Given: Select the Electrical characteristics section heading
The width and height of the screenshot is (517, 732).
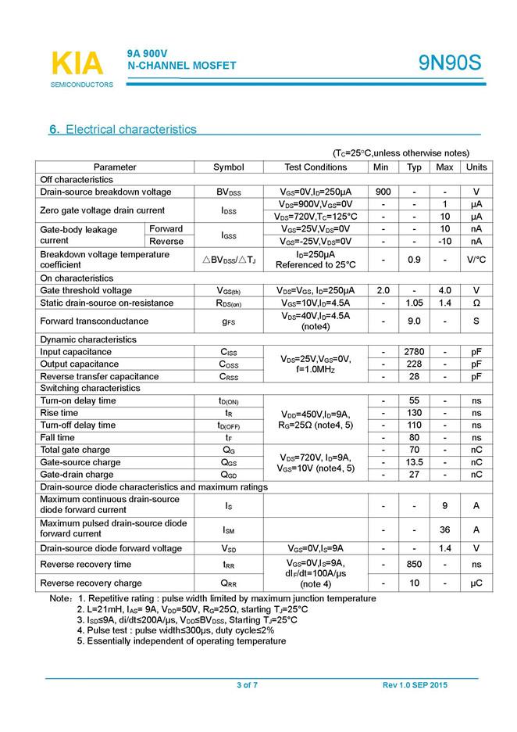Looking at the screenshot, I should click(x=123, y=129).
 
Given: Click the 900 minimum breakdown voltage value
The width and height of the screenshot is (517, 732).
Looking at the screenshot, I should click(x=383, y=192).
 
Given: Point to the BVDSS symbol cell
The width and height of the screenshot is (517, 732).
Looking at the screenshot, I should click(x=229, y=192).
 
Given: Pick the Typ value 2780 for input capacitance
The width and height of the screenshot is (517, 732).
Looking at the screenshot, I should click(x=415, y=352).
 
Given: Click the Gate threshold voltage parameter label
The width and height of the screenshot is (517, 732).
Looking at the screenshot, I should click(x=86, y=290).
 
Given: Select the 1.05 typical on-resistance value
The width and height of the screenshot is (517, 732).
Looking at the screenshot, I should click(x=415, y=303).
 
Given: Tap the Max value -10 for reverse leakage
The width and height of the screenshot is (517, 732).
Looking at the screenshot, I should click(x=444, y=241).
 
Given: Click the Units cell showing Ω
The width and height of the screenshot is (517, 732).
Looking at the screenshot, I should click(x=476, y=303).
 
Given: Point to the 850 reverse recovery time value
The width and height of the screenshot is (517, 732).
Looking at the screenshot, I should click(x=415, y=564).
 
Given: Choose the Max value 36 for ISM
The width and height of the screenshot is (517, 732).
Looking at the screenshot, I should click(x=444, y=529).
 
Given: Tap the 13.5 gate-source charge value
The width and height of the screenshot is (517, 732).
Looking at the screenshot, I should click(x=415, y=462).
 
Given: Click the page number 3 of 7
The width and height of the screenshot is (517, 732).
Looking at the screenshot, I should click(x=248, y=686).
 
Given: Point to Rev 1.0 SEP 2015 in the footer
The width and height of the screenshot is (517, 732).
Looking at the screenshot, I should click(x=415, y=686).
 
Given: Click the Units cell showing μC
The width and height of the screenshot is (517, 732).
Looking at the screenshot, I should click(x=476, y=583).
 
